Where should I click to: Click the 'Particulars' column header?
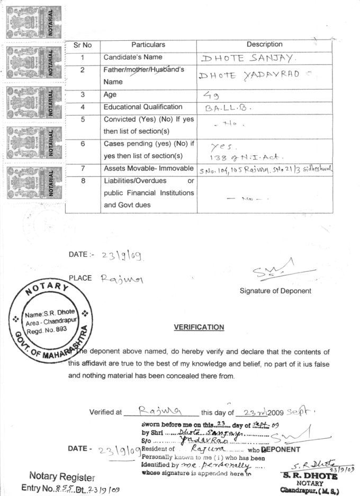pos(148,45)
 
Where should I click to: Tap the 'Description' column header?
pos(264,45)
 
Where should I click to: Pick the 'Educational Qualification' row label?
pos(143,107)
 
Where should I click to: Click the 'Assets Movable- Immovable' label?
pos(148,169)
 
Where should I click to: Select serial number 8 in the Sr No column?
pos(83,181)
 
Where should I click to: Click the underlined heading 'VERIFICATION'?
pos(199,327)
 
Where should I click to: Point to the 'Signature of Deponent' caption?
pos(275,291)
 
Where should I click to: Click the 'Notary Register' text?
pos(62,476)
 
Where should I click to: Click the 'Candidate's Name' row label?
pos(132,57)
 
